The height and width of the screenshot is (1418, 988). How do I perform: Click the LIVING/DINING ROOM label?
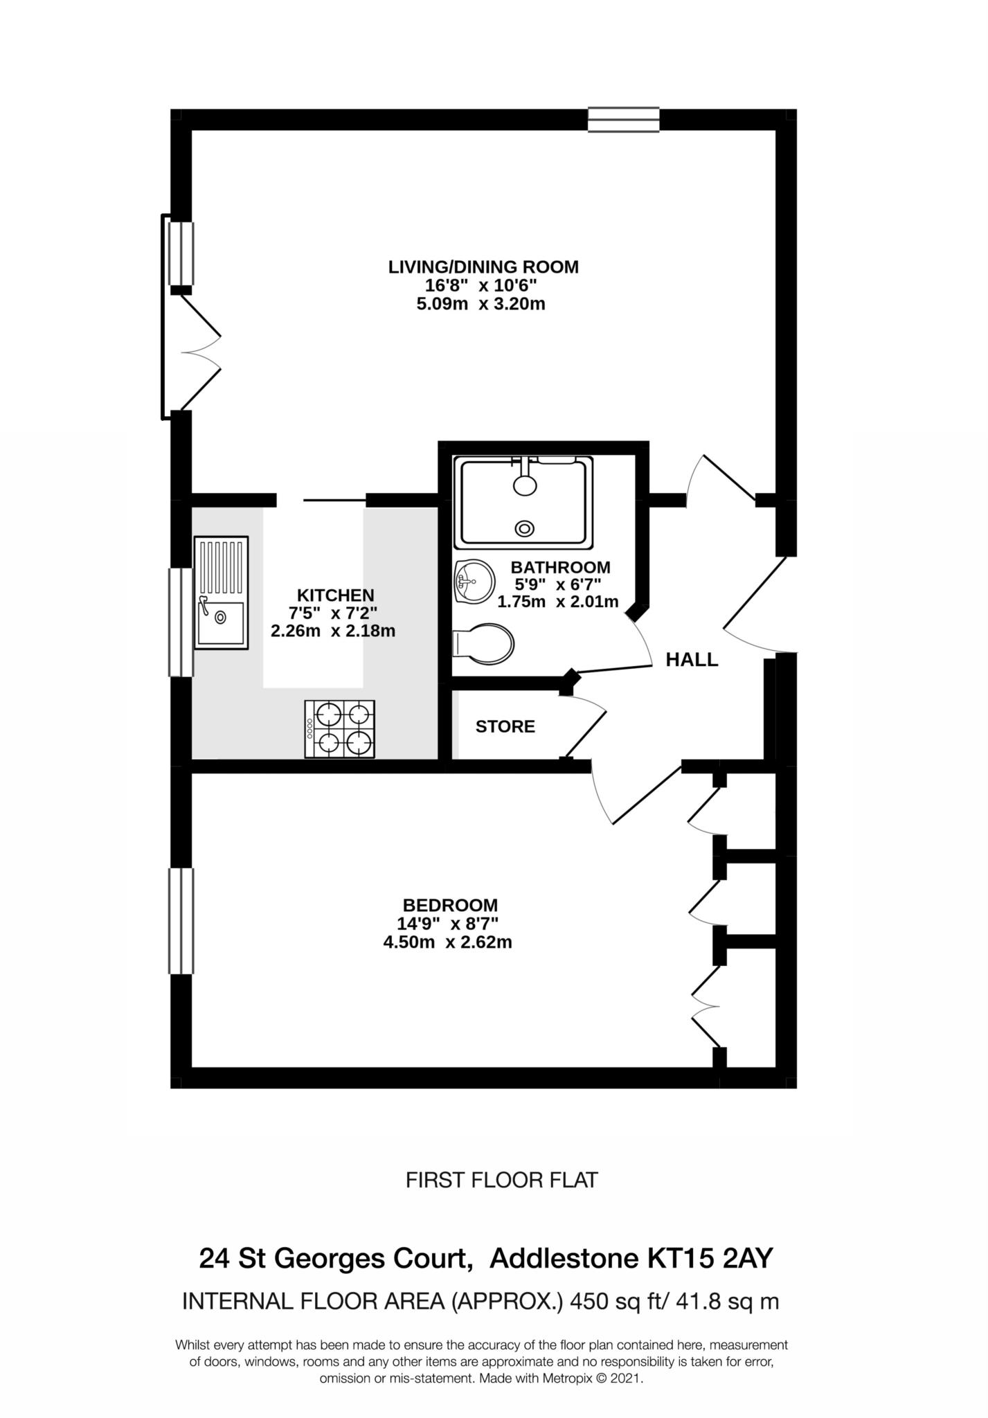pos(483,267)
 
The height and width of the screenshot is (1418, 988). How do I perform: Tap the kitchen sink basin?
pos(220,623)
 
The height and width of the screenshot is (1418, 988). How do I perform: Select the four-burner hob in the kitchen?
pos(340,728)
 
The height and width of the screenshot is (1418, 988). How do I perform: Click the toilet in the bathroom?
pos(485,644)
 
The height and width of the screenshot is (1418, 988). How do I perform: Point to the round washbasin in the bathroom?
pos(474,580)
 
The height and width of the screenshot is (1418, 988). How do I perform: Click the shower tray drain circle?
pos(525,529)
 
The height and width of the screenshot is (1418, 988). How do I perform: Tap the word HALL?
pos(692,660)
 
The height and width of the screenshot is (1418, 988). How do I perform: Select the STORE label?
pos(505,726)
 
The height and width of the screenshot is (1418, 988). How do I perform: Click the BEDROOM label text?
pos(450,905)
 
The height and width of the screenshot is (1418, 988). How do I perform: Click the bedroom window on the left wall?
pos(181,921)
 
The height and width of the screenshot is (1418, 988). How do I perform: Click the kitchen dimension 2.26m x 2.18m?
pos(332,631)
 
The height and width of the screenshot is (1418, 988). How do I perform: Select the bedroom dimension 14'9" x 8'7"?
pos(447,924)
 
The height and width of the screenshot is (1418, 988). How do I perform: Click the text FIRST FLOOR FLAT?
pos(501,1180)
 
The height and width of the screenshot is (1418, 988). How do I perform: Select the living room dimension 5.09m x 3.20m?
pos(480,304)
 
